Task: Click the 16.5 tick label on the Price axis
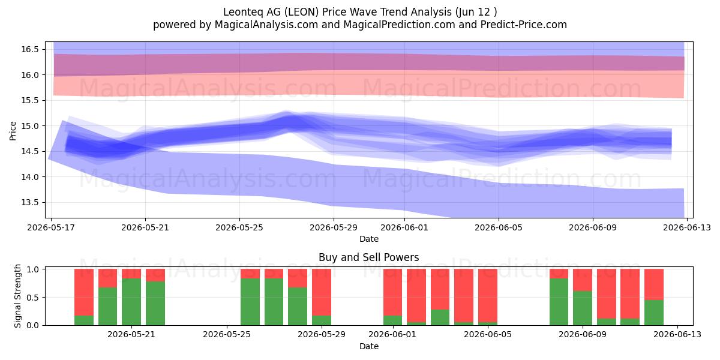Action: (29, 49)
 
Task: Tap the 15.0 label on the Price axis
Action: (29, 126)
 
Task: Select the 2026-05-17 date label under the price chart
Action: (51, 227)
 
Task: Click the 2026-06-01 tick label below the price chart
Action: (404, 227)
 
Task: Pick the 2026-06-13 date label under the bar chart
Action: (677, 334)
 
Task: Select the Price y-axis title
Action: (13, 131)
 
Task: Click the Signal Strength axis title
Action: (17, 296)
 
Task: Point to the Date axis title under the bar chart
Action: (368, 346)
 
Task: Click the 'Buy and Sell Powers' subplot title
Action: (368, 257)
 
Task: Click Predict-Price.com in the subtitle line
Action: (524, 25)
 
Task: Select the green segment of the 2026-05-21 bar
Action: (131, 302)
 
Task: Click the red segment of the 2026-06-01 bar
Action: (392, 293)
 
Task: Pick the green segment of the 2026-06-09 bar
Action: (583, 308)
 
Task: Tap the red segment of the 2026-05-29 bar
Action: (322, 293)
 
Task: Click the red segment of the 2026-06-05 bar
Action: (488, 296)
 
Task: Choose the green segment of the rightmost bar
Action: (654, 313)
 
